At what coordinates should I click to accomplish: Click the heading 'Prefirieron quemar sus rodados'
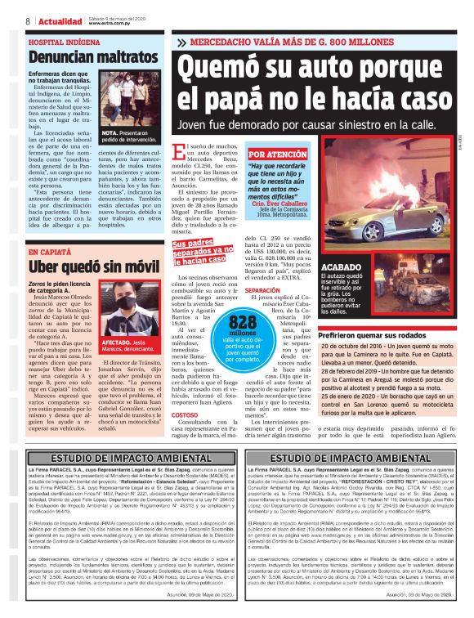[x=383, y=335]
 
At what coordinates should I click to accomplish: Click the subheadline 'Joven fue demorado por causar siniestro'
[x=320, y=125]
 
